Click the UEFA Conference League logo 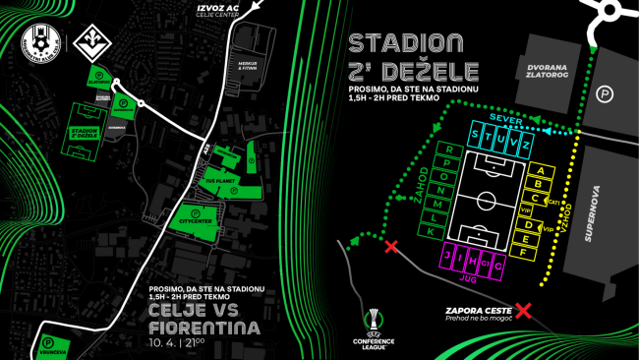coord(374,330)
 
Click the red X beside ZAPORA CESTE coord(524,310)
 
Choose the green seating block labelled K coord(431,229)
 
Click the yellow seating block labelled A coord(539,170)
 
